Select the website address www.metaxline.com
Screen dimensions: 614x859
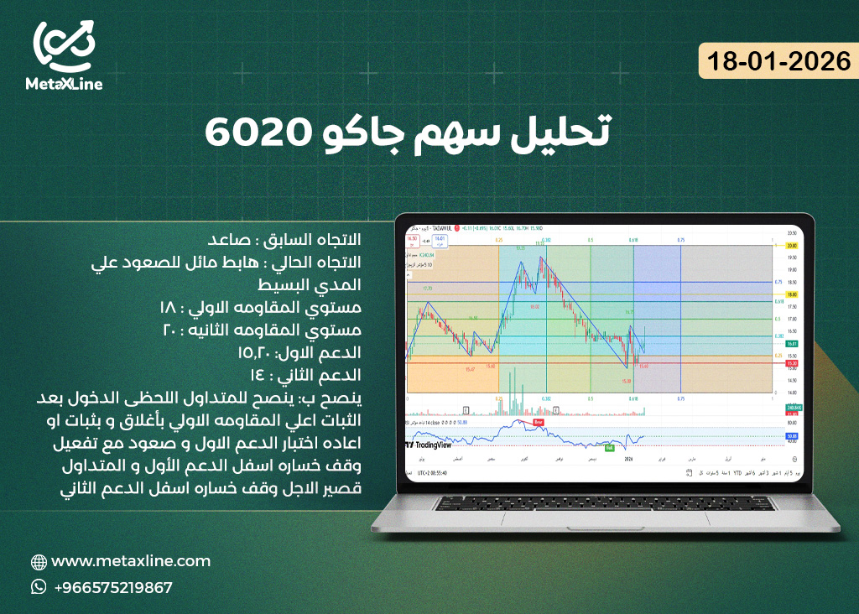[131, 561]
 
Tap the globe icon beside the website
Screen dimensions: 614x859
[39, 562]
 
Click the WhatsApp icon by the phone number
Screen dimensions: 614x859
[39, 587]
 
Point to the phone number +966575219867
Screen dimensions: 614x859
[113, 587]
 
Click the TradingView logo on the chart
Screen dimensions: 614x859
[432, 446]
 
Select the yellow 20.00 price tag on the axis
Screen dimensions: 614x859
[791, 245]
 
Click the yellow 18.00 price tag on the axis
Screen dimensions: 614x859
[791, 295]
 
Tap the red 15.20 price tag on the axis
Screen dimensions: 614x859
[791, 363]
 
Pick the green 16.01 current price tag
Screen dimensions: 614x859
[791, 344]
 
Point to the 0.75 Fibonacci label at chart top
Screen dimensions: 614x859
[681, 239]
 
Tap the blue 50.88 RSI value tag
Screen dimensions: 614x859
[791, 437]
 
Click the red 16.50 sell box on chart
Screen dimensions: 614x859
[412, 239]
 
